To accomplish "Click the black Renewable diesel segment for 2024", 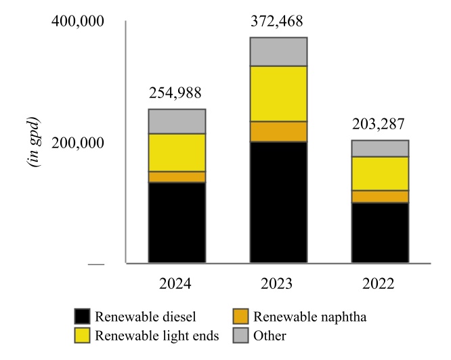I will pos(177,222).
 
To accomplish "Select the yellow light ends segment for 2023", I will pos(278,93).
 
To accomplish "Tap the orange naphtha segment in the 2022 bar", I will pos(380,196).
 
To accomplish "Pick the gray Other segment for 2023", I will pos(278,51).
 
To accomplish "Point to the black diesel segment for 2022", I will pos(380,232).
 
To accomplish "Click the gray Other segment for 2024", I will pos(177,121).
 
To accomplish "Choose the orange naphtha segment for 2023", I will pos(278,131).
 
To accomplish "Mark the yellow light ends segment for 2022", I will pos(380,173).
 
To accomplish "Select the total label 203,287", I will pos(381,125).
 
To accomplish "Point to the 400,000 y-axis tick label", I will pos(78,22).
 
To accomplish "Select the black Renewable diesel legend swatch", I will pos(82,317).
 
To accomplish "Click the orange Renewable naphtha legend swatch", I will pos(240,317).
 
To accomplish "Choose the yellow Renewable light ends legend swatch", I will pos(82,335).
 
